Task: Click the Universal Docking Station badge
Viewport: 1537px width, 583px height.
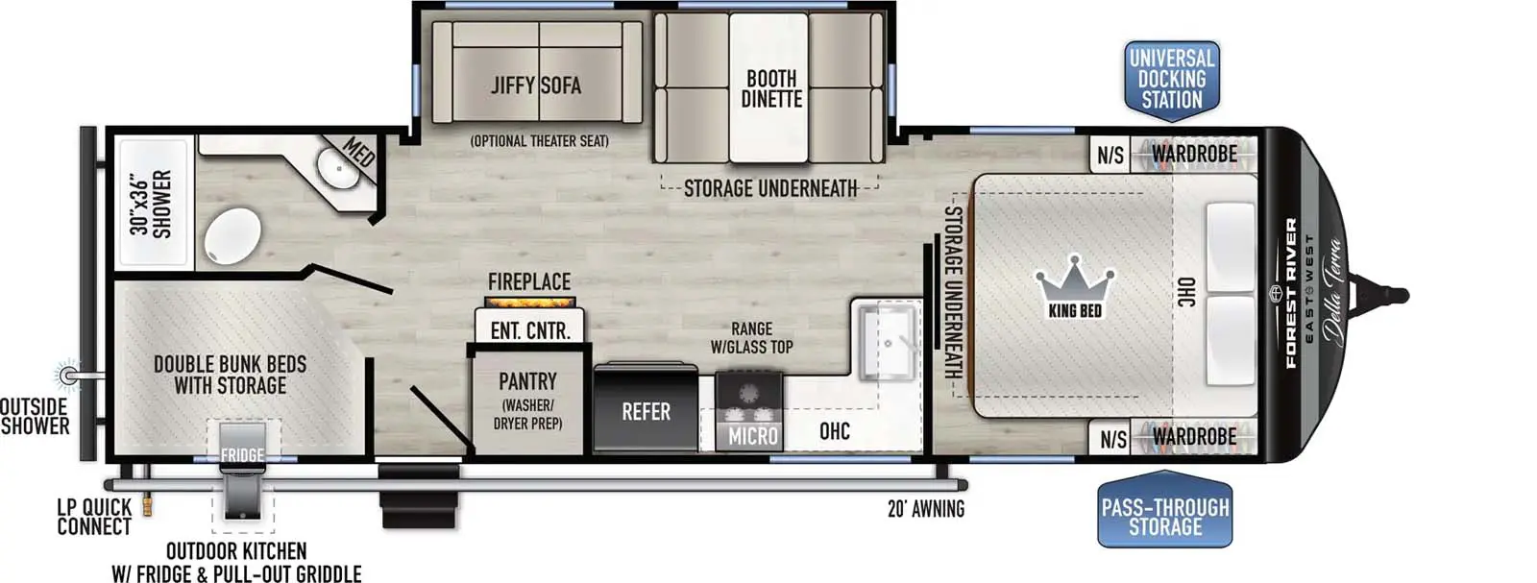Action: coord(1171,80)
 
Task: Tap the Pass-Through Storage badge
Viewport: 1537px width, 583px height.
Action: coord(1164,516)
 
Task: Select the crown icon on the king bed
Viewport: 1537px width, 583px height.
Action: coord(1075,279)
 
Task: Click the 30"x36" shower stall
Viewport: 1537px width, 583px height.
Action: coord(152,203)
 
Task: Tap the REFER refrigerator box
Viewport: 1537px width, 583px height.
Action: coord(646,411)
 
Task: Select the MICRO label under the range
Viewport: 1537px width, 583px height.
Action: coord(752,436)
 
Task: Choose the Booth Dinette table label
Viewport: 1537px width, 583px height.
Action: coord(771,88)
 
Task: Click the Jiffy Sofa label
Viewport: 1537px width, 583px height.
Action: coord(536,85)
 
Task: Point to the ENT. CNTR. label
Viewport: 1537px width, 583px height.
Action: coord(529,330)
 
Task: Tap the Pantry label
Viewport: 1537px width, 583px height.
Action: coord(527,381)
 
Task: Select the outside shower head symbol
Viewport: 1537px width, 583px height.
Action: coord(68,374)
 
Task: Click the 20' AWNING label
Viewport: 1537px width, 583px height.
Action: coord(925,509)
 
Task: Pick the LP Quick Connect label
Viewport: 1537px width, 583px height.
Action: coord(94,517)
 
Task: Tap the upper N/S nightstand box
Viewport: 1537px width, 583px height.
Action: coord(1110,155)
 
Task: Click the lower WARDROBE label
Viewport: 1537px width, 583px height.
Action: coord(1194,437)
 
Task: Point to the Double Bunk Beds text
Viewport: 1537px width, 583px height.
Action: coord(230,375)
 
